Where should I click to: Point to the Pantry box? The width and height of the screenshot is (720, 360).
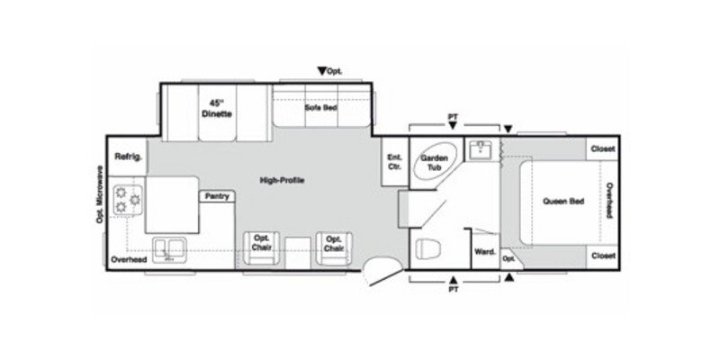[216, 195]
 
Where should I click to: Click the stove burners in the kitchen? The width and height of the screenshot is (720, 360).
[126, 199]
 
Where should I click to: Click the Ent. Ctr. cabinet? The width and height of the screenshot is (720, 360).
[393, 163]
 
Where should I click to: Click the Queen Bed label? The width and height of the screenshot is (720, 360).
[564, 201]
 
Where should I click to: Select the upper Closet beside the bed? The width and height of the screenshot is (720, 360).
[602, 148]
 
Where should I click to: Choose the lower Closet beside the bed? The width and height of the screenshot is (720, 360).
[602, 256]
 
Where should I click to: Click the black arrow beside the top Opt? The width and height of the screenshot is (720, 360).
[321, 70]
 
